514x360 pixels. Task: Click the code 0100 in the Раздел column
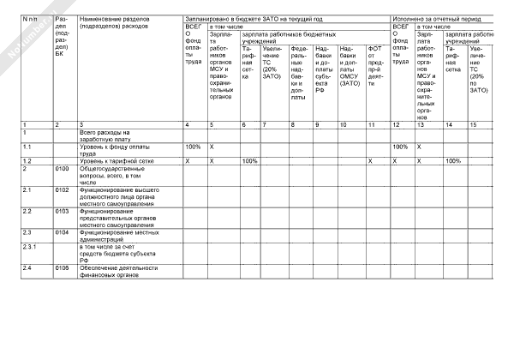(62, 169)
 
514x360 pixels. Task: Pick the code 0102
(62, 189)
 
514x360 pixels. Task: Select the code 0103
(62, 210)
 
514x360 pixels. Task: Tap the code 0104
(62, 231)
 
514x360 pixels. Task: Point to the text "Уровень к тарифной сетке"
(117, 161)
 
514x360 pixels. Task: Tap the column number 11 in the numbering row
(371, 125)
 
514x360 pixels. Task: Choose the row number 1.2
(27, 161)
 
